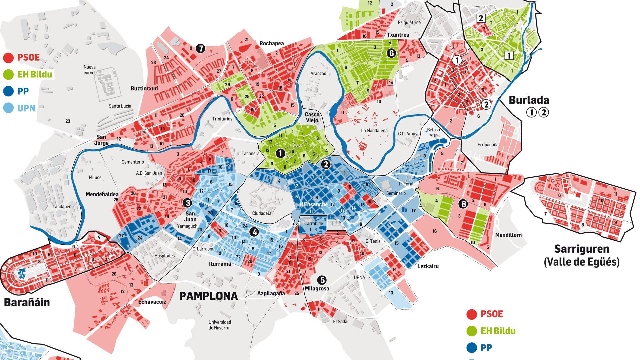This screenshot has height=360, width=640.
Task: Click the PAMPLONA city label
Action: (x=209, y=296)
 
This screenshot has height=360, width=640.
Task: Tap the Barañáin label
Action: (x=27, y=302)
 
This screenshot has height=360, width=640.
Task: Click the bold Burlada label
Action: (x=529, y=100)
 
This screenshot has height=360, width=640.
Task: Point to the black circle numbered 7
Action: (x=200, y=49)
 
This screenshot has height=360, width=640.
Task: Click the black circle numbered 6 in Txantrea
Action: (x=391, y=53)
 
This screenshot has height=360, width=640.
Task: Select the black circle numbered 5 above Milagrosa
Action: (x=322, y=280)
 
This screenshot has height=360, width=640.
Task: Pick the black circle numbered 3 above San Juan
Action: (x=187, y=202)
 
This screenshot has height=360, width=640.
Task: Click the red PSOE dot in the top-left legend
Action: (x=8, y=58)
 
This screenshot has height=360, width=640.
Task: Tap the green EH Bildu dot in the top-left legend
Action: (x=8, y=74)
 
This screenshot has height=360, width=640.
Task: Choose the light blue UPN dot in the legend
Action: (x=8, y=107)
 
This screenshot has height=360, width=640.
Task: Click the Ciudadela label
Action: (x=262, y=213)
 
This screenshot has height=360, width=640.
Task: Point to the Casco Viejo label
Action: (x=312, y=117)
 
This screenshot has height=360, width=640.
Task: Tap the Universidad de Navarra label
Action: (x=220, y=325)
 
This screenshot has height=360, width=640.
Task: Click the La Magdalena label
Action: (x=374, y=131)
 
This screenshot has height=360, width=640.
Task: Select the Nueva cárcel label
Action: (x=89, y=70)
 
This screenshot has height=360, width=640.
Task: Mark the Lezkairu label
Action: (x=428, y=266)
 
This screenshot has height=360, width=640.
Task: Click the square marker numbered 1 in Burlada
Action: (x=509, y=55)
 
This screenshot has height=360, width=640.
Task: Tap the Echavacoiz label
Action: (x=152, y=302)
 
